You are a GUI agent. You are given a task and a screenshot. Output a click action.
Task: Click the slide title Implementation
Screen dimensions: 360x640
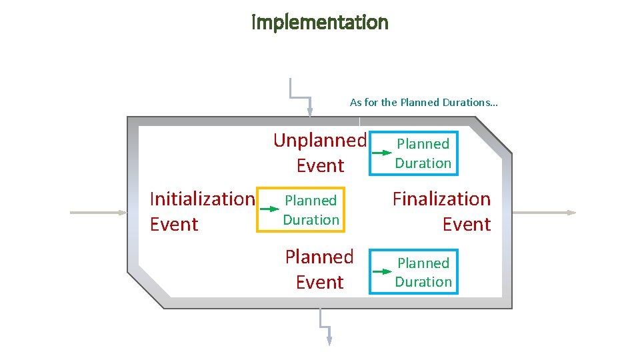coord(320,23)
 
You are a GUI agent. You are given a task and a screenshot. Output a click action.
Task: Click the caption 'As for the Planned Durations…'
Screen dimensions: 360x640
coord(423,103)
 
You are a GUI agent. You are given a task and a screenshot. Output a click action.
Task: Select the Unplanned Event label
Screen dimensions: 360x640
coord(320,153)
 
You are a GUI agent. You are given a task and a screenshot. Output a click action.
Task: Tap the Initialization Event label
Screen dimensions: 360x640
coord(202,211)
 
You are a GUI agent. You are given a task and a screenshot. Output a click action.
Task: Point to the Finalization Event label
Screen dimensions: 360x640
coord(441,211)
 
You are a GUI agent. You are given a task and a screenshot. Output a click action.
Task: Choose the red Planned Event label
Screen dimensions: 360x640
coord(319,269)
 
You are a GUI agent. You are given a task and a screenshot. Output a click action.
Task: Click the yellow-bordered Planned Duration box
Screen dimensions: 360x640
coord(311,209)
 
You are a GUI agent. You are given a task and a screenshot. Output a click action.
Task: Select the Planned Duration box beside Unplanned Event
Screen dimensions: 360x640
coord(423,153)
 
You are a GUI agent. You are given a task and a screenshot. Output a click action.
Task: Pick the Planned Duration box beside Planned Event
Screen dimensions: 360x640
coord(423,272)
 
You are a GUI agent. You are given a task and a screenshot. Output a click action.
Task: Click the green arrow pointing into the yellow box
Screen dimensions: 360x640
coord(269,209)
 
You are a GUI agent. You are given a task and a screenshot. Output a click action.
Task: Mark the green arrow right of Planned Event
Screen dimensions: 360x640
coord(382,272)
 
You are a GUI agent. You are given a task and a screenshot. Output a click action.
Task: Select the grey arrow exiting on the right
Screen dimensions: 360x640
coord(543,213)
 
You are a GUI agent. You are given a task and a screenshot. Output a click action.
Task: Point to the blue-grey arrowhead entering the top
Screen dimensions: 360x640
coord(309,111)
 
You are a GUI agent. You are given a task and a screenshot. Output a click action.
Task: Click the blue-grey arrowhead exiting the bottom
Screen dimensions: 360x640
coord(329,340)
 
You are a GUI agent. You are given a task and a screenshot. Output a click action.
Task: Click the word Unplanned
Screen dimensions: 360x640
coord(320,140)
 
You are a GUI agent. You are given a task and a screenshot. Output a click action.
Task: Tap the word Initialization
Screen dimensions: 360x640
coord(202,199)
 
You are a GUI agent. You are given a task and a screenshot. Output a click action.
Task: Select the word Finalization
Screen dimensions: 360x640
coord(441,199)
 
